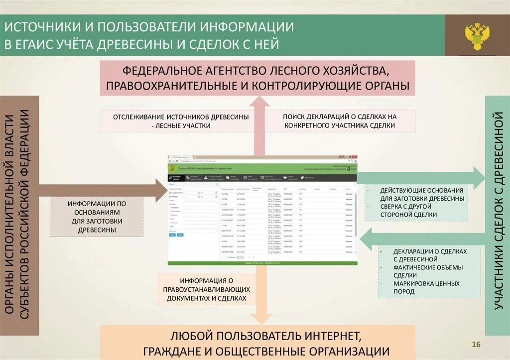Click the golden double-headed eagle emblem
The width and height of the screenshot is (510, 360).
coord(477,35)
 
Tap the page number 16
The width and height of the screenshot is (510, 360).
coord(476,345)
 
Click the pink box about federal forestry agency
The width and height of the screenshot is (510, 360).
coord(257,78)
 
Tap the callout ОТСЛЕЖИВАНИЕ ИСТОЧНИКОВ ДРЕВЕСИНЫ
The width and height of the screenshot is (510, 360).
coord(181,121)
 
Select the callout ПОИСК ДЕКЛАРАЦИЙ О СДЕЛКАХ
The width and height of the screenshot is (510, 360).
coord(340,121)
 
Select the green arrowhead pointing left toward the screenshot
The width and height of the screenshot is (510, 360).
coord(367,238)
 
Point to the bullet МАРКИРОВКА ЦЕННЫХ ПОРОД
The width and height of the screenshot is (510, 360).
coord(426,287)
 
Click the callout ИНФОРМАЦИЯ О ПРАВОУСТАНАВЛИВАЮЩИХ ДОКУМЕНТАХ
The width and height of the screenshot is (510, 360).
coord(208,289)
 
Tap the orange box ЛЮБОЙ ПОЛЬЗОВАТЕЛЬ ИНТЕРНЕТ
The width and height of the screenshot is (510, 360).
coord(257,342)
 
